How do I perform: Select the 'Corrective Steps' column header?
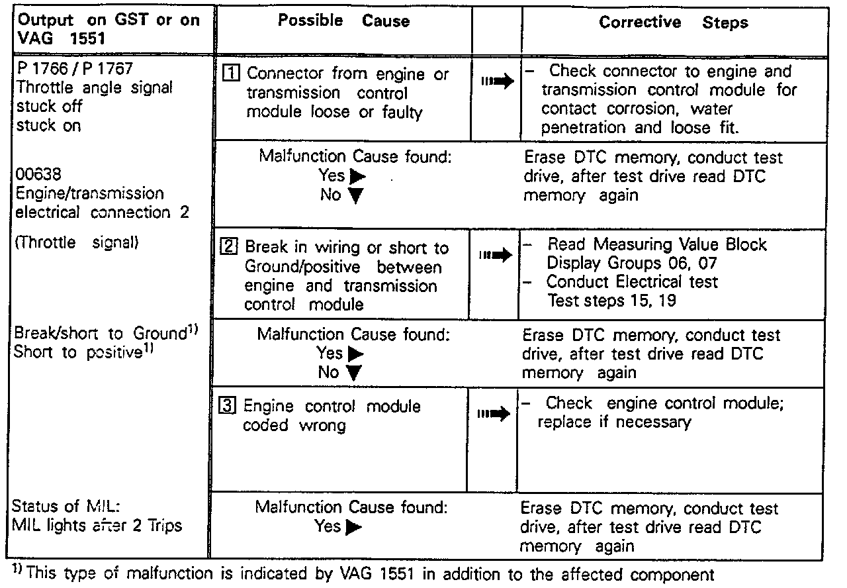coord(674,23)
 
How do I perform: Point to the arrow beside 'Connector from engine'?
coord(497,82)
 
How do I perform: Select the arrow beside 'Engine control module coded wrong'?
coord(495,414)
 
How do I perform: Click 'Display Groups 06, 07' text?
coord(631,263)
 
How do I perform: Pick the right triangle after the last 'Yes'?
coord(355,527)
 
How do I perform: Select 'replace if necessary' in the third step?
coord(615,422)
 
